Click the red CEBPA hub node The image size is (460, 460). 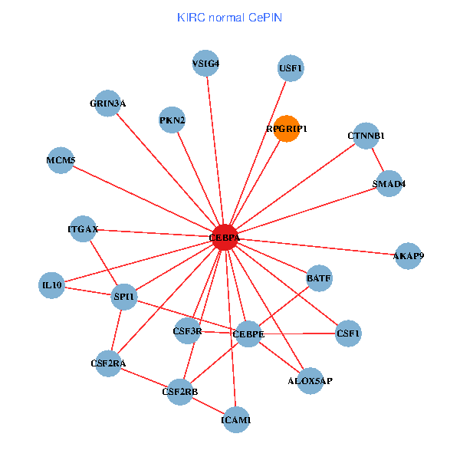click(x=225, y=238)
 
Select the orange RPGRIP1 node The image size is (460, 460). click(x=287, y=129)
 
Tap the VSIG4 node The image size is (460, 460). click(x=206, y=64)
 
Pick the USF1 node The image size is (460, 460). click(x=291, y=68)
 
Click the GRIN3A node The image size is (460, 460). click(x=108, y=103)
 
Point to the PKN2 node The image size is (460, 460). click(x=172, y=120)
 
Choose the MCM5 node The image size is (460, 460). click(x=61, y=160)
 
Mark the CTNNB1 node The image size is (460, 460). click(x=366, y=136)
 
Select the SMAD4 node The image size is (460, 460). click(x=389, y=183)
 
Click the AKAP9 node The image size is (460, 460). click(x=408, y=255)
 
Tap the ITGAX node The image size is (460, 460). click(x=83, y=228)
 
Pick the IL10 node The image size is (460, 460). click(x=52, y=285)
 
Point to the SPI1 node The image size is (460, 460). click(x=124, y=296)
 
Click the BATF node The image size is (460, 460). click(x=319, y=278)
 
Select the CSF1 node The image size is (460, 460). click(x=348, y=333)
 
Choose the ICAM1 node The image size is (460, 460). click(x=236, y=419)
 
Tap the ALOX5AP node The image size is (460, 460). click(x=310, y=380)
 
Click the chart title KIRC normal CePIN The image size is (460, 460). click(x=229, y=17)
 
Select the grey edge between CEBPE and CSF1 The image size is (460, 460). click(x=299, y=334)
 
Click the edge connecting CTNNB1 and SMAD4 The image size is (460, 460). click(x=377, y=159)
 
